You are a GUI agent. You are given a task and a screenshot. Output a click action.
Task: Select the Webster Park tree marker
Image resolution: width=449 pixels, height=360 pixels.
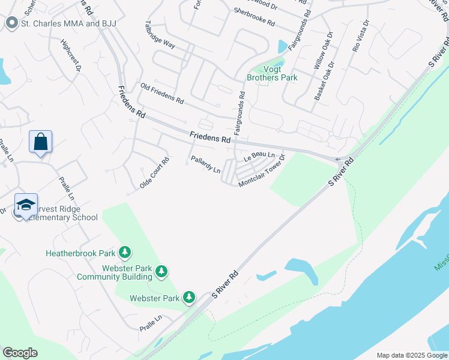tap(189, 298)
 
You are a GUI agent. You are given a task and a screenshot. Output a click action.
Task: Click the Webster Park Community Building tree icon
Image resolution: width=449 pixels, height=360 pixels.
tap(161, 272)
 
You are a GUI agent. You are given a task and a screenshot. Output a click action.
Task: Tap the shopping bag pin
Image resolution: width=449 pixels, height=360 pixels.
tap(40, 142)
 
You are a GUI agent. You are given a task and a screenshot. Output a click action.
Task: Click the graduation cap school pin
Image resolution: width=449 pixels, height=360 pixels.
tap(26, 205)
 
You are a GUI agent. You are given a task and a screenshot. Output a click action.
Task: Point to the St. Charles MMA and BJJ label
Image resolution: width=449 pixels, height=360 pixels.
tap(68, 23)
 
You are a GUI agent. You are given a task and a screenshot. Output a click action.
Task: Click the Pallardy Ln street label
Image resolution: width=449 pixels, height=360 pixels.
tap(206, 165)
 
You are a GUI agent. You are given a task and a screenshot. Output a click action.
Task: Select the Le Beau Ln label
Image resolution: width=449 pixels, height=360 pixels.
tap(259, 156)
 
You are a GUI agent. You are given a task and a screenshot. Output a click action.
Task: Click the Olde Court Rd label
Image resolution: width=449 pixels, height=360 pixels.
tap(155, 173)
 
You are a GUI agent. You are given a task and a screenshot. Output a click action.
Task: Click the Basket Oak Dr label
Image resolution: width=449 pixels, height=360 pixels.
tap(324, 82)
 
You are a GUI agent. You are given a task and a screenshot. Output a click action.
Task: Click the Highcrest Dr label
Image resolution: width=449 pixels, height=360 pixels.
tap(70, 56)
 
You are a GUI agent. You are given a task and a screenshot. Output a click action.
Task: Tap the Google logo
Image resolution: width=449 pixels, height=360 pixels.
tap(20, 353)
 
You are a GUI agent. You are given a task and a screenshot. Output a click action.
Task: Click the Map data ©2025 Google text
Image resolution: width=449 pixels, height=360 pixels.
tap(411, 355)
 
